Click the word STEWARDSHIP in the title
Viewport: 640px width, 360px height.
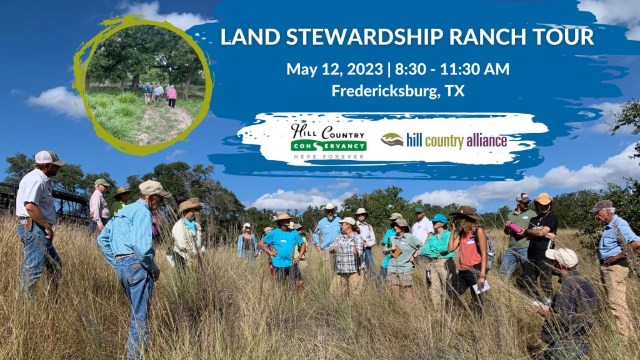tap(364, 37)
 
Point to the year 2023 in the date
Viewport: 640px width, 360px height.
tap(365, 69)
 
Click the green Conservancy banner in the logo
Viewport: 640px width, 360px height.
tap(329, 146)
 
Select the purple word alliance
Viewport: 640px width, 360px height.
tap(486, 141)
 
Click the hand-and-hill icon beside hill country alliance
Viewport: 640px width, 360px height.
tap(392, 140)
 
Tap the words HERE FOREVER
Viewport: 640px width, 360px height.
tap(329, 156)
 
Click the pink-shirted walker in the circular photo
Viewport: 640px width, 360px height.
tap(172, 96)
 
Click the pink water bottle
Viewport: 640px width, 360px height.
tap(515, 227)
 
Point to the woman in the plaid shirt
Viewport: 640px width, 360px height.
tap(347, 256)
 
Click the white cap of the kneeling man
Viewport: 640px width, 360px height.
tap(563, 257)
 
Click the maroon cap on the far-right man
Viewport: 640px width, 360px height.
tap(601, 206)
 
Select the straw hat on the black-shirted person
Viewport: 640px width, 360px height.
tap(543, 199)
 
